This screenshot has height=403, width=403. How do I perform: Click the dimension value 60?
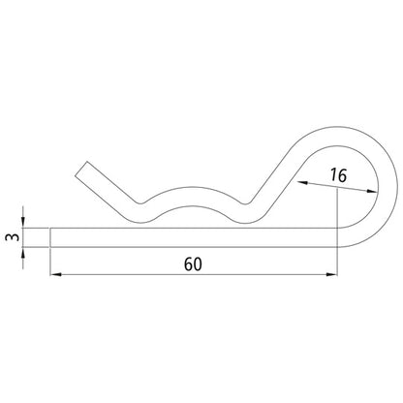(x=193, y=263)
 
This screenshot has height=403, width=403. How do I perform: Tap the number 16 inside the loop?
(x=338, y=175)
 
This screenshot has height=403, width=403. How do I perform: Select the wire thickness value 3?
(x=13, y=237)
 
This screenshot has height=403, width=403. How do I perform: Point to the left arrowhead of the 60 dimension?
(x=56, y=274)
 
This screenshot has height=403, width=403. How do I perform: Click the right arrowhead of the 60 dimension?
(x=331, y=274)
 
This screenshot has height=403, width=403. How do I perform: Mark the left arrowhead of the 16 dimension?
(x=302, y=183)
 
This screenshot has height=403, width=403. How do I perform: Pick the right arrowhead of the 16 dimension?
(x=371, y=192)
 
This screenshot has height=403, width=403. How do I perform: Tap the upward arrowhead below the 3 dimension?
(x=22, y=253)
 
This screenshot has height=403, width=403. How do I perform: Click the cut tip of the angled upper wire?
(x=81, y=169)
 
